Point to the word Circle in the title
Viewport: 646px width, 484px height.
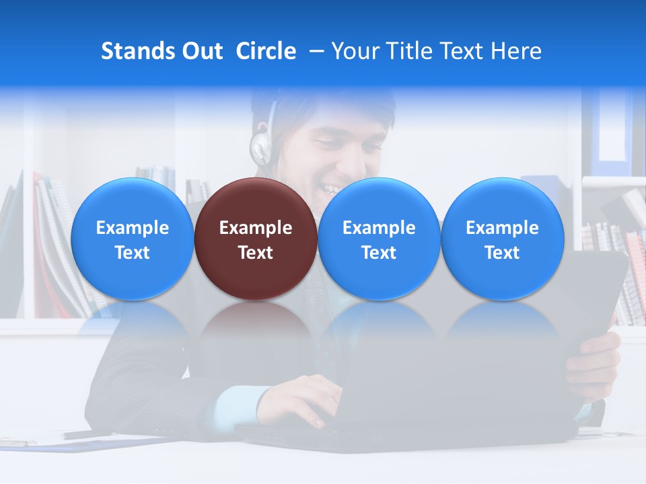(266, 51)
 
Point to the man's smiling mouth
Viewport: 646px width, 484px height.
(332, 189)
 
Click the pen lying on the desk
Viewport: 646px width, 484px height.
(87, 434)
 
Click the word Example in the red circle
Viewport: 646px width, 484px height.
(255, 228)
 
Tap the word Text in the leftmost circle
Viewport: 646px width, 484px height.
(132, 253)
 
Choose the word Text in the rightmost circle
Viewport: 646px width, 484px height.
(502, 253)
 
